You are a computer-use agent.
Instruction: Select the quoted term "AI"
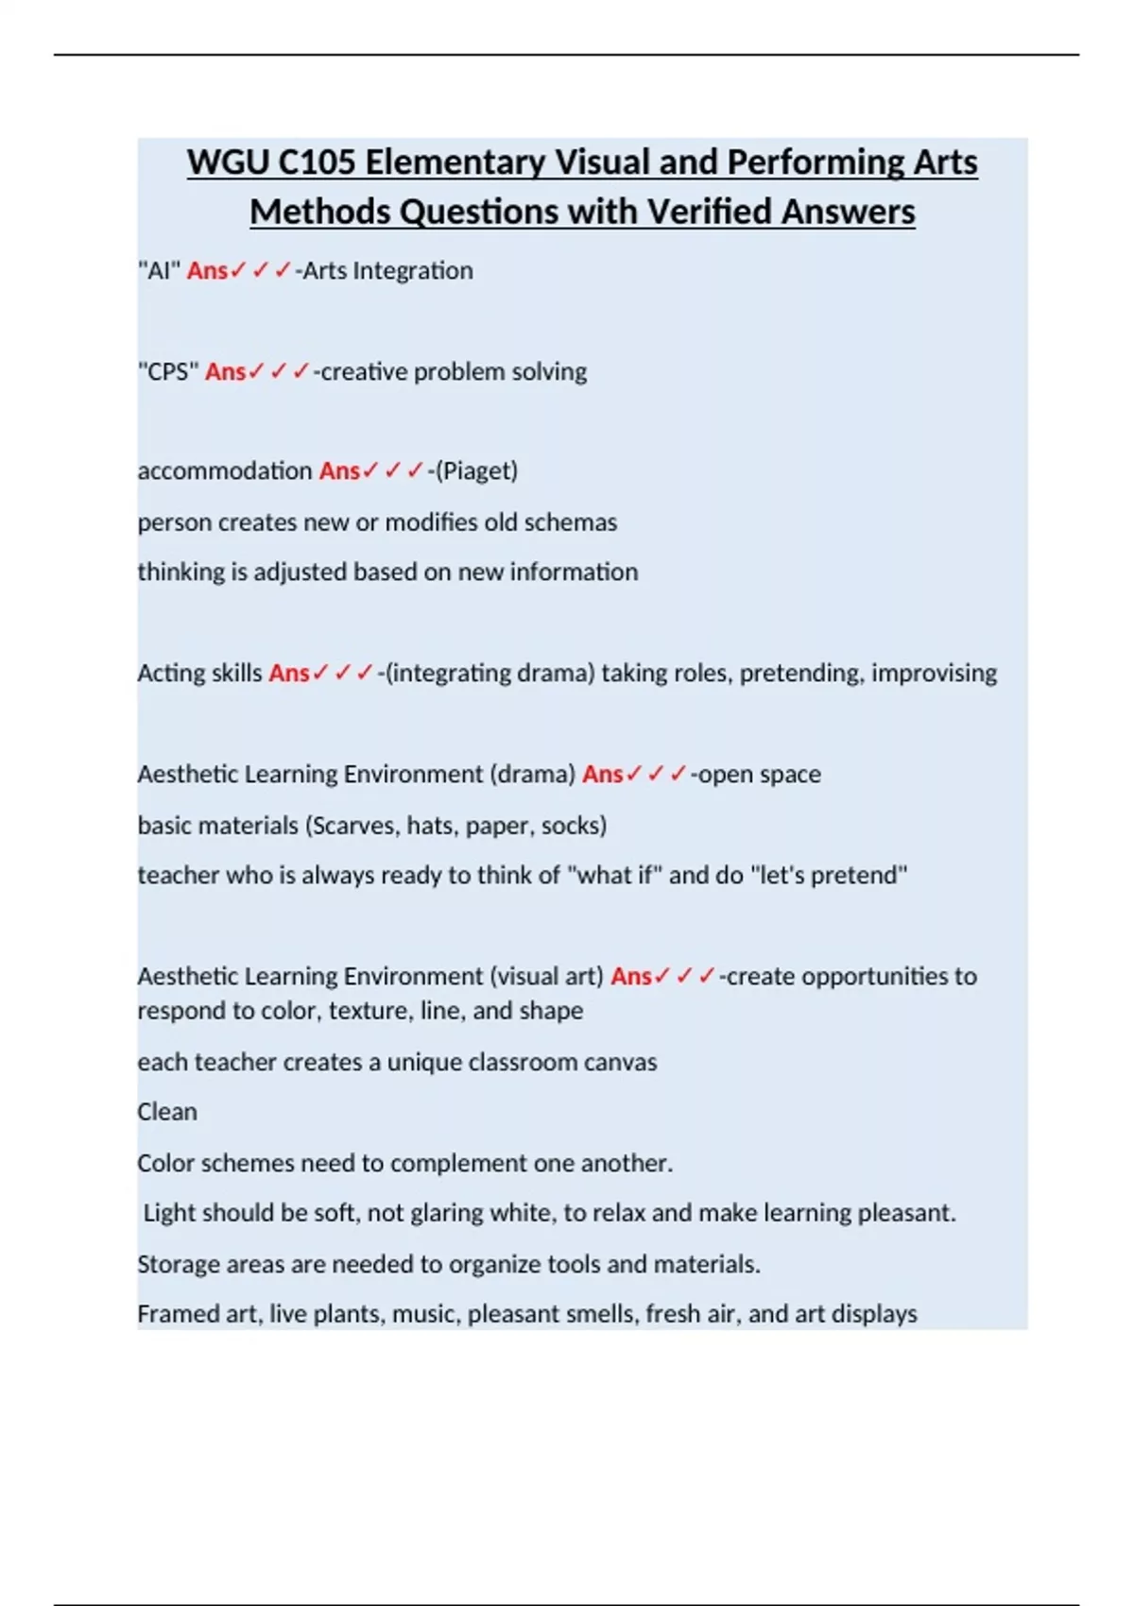pos(159,271)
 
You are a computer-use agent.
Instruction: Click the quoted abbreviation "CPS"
pos(168,372)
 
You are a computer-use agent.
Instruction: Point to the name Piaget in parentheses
pos(476,470)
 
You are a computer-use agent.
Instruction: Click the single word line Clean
pos(167,1112)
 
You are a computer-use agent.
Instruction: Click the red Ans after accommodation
pos(339,470)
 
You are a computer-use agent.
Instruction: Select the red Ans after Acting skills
pos(289,673)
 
